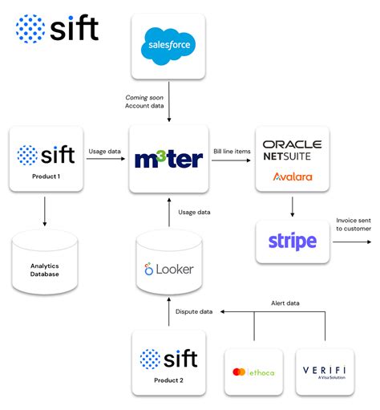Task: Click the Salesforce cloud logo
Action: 168,47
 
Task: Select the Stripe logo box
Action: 292,242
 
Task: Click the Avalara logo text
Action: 293,177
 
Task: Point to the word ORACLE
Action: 293,144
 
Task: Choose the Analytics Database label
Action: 46,270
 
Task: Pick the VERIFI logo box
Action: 325,372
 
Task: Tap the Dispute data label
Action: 194,311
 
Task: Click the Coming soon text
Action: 144,98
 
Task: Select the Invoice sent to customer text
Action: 353,224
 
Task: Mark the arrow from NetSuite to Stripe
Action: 292,207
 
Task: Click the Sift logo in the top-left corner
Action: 56,30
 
